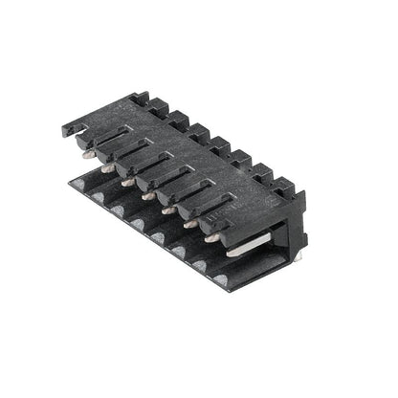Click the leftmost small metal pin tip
tap(87, 153)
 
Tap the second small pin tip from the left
tap(107, 167)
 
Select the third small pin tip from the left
tap(127, 182)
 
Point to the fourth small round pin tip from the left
tap(147, 195)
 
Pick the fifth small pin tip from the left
tap(168, 210)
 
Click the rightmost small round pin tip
tap(211, 238)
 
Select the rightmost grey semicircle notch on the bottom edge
tap(221, 279)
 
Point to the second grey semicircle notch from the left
tap(117, 209)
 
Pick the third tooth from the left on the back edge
tap(179, 119)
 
